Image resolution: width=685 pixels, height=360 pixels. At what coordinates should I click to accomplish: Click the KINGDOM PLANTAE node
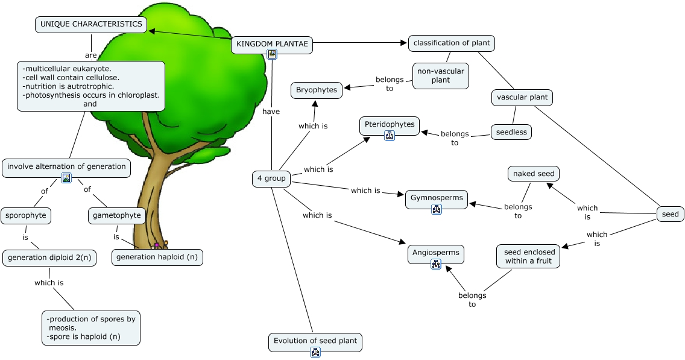272,43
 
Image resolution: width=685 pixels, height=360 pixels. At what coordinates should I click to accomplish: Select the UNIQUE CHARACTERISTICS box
91,25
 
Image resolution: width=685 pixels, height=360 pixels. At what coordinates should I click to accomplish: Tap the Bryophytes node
317,90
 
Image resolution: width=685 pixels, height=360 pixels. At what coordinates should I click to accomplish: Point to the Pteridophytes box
390,124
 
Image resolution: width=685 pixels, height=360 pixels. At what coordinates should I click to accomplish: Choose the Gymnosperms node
437,198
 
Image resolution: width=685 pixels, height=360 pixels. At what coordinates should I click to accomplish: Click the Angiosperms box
436,253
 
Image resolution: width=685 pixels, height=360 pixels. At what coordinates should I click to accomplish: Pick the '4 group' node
271,178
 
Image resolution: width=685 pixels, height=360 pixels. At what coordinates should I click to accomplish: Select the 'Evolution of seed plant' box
315,341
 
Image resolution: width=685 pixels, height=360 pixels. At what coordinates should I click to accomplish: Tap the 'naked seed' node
533,174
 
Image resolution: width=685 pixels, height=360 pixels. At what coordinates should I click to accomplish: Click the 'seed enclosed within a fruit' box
528,256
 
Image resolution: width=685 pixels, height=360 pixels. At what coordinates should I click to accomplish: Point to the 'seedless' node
511,132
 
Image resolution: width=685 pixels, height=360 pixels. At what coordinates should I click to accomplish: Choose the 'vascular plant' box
521,97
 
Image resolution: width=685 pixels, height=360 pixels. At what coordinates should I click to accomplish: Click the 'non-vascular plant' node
441,75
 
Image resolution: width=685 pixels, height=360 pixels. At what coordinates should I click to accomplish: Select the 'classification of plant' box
452,43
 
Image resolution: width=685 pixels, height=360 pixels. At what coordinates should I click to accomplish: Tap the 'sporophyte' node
25,215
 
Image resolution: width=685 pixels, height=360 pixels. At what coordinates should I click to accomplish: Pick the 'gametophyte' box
117,215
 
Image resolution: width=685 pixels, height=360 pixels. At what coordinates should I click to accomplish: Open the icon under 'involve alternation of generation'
66,178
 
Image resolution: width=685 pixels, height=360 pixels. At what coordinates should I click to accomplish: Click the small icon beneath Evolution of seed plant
315,352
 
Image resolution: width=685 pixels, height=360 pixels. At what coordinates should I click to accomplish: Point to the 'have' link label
271,112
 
